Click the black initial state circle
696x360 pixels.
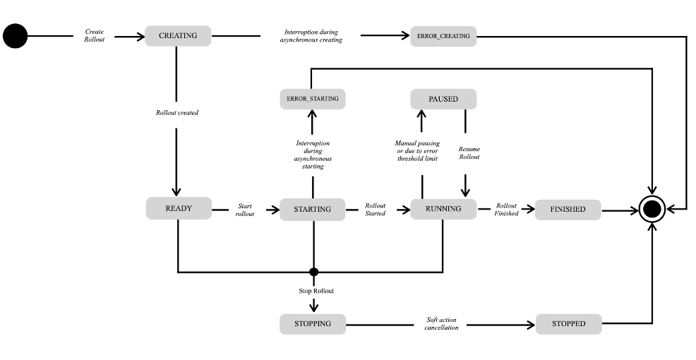click(15, 36)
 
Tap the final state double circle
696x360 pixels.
click(652, 209)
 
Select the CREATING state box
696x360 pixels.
click(177, 36)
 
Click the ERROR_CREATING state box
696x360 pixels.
click(443, 37)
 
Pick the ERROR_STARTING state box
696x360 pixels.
click(312, 99)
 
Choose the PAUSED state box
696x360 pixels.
click(443, 99)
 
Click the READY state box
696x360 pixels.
click(179, 208)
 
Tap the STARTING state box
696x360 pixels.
click(312, 210)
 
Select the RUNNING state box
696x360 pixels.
click(443, 209)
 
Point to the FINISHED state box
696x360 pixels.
click(568, 210)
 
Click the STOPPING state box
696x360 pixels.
click(312, 324)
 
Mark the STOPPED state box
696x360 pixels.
click(568, 324)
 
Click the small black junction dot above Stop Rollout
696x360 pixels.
click(314, 272)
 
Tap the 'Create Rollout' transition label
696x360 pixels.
click(95, 36)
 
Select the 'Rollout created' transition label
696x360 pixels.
click(177, 113)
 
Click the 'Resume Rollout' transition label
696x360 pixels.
click(469, 153)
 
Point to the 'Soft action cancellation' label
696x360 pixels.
click(442, 323)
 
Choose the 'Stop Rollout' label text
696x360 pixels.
click(316, 291)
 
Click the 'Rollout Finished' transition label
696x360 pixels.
click(507, 209)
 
